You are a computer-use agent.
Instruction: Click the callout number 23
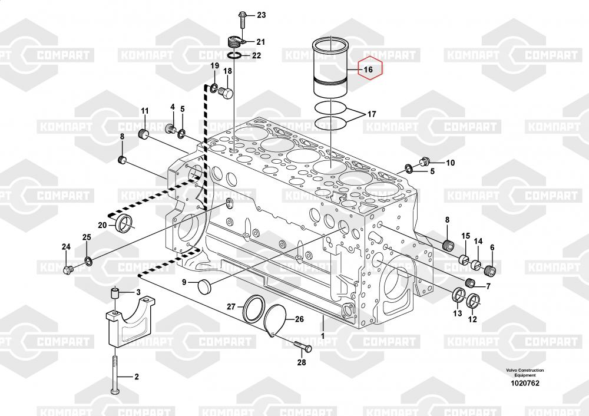(x=262, y=15)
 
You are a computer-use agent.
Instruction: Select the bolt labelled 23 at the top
(x=242, y=20)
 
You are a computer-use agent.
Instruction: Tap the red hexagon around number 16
(x=370, y=69)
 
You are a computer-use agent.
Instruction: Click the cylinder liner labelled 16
(x=331, y=68)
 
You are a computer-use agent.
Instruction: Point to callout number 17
(x=372, y=114)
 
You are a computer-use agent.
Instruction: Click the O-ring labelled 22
(x=235, y=56)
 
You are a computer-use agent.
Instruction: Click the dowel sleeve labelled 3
(x=115, y=293)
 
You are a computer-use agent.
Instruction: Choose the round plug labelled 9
(x=206, y=287)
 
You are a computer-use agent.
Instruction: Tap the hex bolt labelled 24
(x=68, y=269)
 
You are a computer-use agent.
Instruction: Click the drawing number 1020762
(x=525, y=384)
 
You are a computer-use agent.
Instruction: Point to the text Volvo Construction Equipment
(x=525, y=372)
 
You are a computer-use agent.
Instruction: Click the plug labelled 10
(x=425, y=161)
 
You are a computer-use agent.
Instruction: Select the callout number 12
(x=472, y=319)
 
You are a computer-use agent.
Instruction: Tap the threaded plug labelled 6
(x=490, y=269)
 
